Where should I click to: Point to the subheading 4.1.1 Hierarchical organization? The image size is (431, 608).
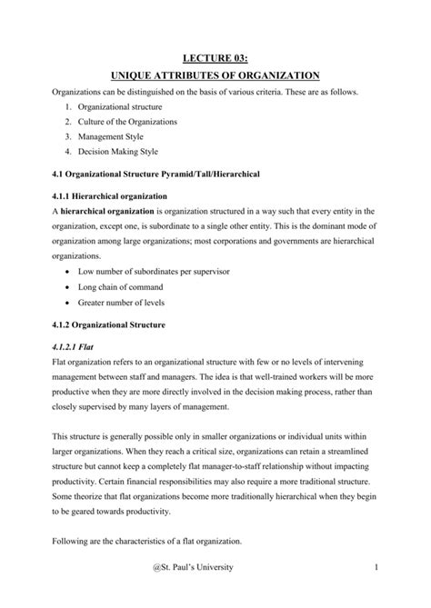110,195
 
